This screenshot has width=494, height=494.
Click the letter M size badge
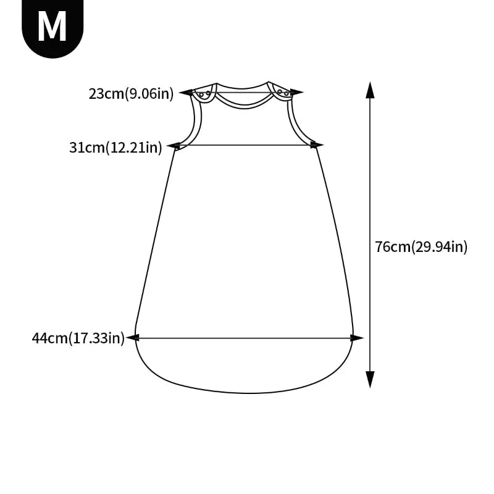pos(52,27)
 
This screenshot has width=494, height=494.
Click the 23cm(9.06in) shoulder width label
pos(131,94)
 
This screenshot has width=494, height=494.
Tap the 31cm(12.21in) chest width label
pos(115,147)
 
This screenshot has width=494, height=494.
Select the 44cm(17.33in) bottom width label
pos(78,338)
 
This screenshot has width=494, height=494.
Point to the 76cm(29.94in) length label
pos(421,246)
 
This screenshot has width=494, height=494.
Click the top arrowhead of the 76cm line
pos(370,90)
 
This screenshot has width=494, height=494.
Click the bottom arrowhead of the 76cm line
pos(370,379)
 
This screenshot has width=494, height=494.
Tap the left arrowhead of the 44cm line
pos(133,338)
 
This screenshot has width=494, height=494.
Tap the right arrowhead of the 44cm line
pos(357,338)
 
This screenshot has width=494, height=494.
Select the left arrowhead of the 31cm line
pos(174,146)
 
